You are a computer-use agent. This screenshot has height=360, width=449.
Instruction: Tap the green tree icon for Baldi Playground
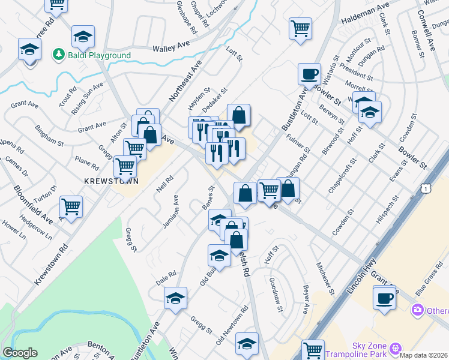(59, 55)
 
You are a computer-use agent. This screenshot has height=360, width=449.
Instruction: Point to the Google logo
(20, 353)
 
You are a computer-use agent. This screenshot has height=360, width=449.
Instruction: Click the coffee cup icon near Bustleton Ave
(310, 74)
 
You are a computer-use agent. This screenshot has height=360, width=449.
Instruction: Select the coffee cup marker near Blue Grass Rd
(384, 297)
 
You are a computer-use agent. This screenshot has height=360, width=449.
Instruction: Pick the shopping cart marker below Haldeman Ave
(300, 28)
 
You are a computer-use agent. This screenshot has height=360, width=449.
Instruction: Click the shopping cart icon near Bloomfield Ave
(71, 207)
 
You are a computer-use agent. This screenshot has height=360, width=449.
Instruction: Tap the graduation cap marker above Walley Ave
(83, 37)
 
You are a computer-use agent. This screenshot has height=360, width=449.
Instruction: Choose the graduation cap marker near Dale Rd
(175, 298)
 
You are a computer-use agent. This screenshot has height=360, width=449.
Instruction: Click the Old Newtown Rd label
(232, 326)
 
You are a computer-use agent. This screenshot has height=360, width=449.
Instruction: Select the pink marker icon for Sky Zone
(395, 348)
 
